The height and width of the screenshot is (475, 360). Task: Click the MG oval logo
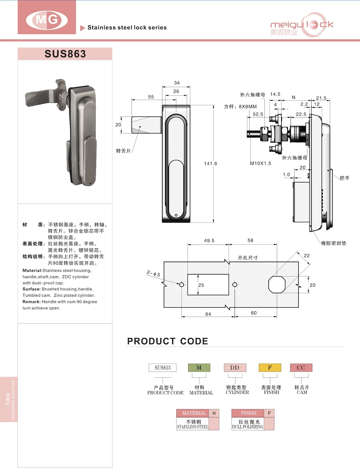click(x=47, y=20)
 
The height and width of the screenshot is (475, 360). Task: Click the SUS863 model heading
click(x=65, y=54)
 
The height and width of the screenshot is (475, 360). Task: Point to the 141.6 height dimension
click(x=210, y=164)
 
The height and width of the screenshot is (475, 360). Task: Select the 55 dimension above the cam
click(x=151, y=97)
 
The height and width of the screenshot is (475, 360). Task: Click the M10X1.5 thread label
click(x=260, y=163)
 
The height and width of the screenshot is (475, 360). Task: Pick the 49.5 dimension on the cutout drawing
click(x=209, y=241)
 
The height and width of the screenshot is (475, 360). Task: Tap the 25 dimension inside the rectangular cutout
click(x=201, y=285)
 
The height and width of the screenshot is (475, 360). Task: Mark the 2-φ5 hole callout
click(x=153, y=274)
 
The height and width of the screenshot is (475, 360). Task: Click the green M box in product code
click(x=199, y=368)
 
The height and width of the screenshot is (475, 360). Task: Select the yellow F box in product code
click(x=270, y=368)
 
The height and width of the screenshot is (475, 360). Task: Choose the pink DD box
click(x=235, y=368)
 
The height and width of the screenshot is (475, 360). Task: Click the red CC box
click(x=301, y=368)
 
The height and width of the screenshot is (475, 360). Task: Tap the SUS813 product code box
click(x=163, y=368)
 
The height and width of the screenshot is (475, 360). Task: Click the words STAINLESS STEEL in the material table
click(x=192, y=427)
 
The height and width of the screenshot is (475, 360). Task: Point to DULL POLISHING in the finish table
click(x=248, y=427)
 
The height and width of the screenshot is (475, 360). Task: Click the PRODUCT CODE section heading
click(x=168, y=341)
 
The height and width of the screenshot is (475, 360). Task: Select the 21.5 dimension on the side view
click(x=321, y=98)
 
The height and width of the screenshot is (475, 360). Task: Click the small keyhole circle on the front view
click(x=176, y=215)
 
